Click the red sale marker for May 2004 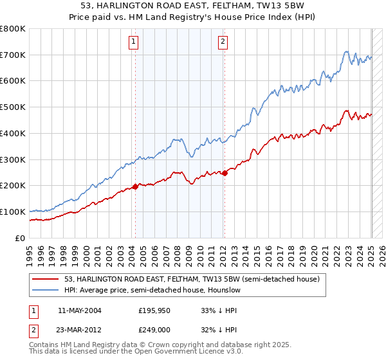(135, 186)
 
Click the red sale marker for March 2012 (225, 173)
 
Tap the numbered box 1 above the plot (133, 42)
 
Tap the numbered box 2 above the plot (223, 42)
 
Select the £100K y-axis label (13, 212)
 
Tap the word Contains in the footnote (44, 345)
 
